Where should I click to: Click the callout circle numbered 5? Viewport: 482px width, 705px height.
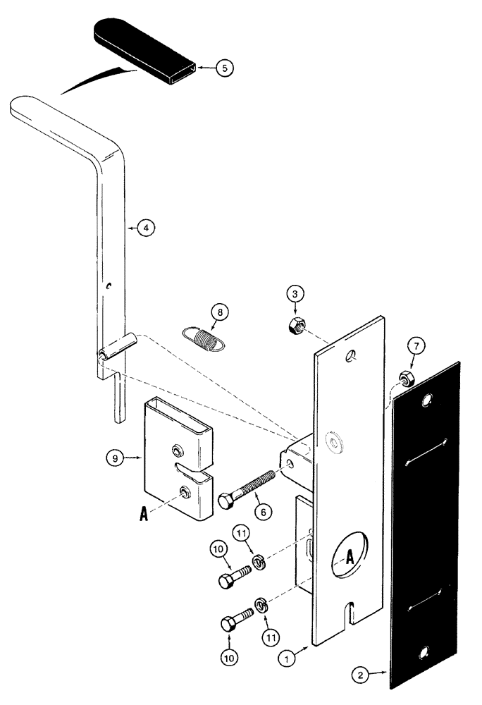tap(224, 68)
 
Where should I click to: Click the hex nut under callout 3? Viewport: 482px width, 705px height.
tap(295, 326)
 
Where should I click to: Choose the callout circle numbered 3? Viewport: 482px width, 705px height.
tap(295, 292)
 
